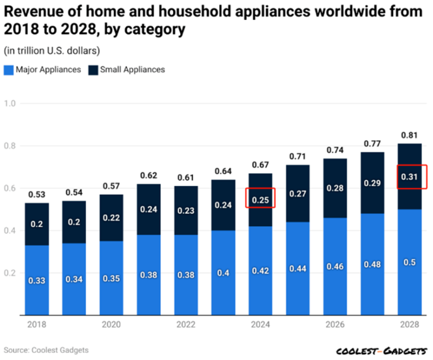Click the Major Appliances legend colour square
[9, 69]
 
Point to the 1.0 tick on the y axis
[10, 103]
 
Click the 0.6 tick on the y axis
[10, 188]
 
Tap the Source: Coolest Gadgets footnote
[46, 350]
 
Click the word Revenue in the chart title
[32, 12]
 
